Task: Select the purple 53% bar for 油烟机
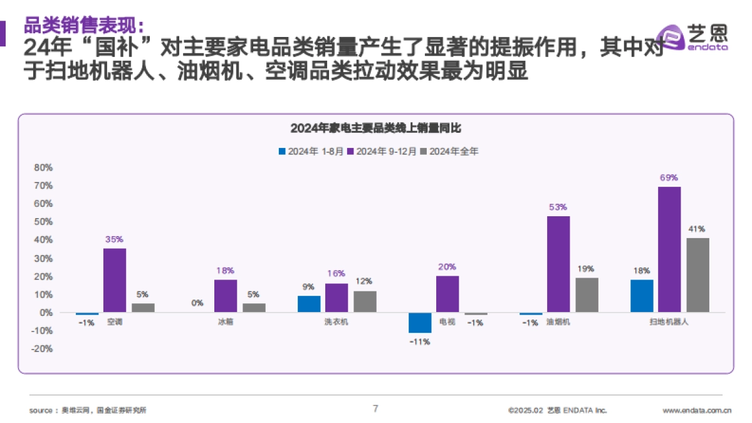point(558,264)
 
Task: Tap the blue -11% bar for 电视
point(420,322)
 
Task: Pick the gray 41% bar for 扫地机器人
point(697,275)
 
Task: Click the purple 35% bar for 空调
point(115,280)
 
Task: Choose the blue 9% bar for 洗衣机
point(309,304)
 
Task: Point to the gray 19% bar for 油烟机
point(587,295)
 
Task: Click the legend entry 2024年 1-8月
point(311,151)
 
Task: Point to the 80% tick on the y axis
point(43,167)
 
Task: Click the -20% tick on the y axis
point(41,348)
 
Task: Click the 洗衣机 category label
point(337,322)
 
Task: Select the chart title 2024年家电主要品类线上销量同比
point(375,128)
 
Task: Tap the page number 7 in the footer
point(375,409)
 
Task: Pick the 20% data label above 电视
point(447,267)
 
